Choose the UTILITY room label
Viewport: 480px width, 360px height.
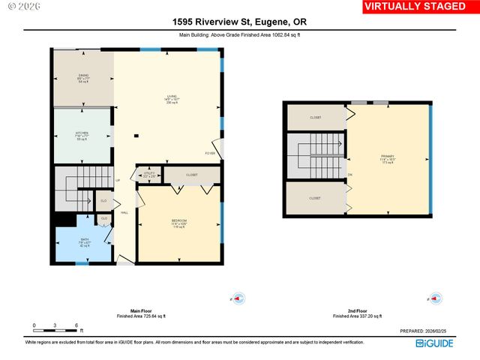point(149,175)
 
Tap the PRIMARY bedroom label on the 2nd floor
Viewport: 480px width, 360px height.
point(387,159)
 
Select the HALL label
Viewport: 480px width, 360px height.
point(124,213)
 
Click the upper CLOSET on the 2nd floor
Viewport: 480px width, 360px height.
point(315,118)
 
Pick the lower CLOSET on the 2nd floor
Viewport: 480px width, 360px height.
point(315,198)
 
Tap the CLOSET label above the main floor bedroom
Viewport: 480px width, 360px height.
point(191,175)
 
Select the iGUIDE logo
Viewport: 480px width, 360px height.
point(435,343)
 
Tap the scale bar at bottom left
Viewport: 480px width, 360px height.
point(56,327)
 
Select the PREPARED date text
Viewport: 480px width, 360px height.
point(427,331)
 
